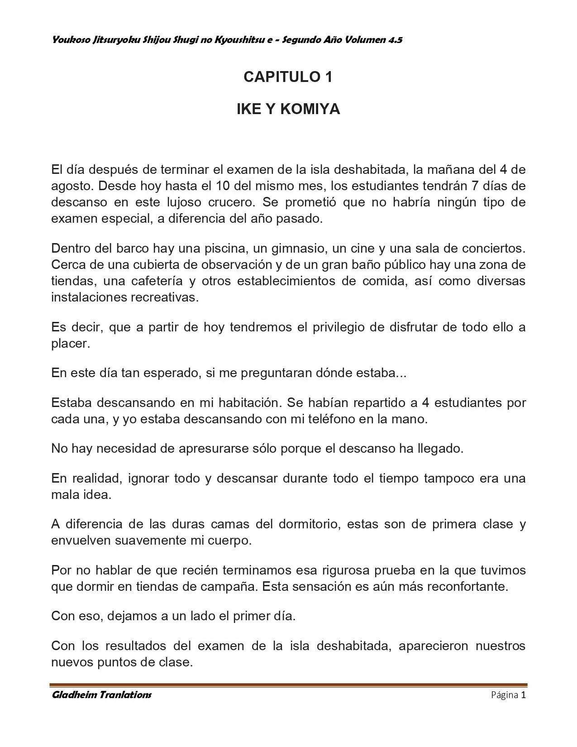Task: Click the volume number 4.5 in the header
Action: tap(395, 40)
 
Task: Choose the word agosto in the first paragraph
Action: tap(72, 186)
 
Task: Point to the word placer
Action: tap(71, 344)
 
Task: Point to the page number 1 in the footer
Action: tap(523, 695)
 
